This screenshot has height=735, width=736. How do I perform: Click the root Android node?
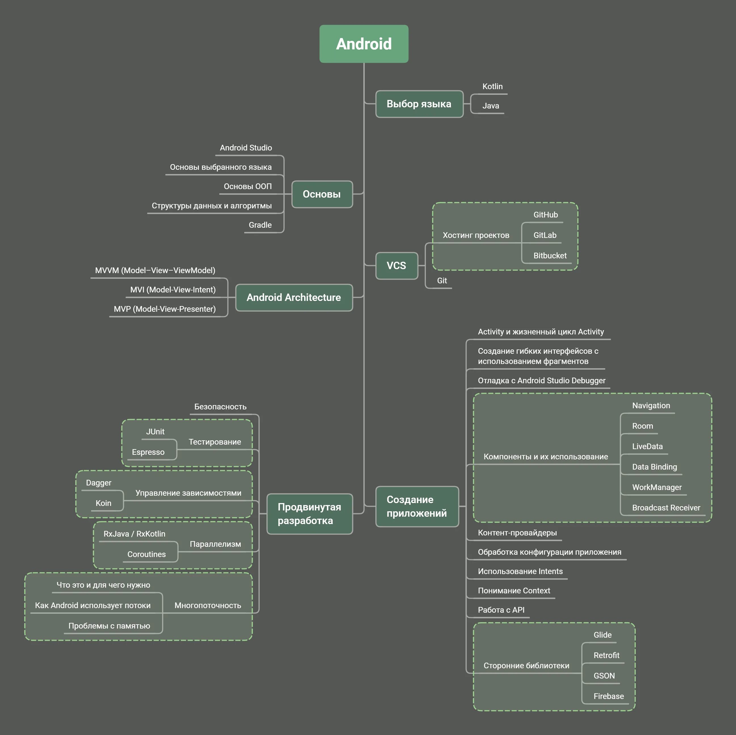pyautogui.click(x=364, y=44)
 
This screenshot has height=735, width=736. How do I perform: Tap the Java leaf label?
pyautogui.click(x=490, y=106)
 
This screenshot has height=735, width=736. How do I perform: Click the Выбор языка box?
pyautogui.click(x=419, y=104)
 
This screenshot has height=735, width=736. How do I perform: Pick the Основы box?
pyautogui.click(x=322, y=194)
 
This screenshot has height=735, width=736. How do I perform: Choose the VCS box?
pyautogui.click(x=397, y=266)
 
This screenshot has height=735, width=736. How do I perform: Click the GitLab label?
pyautogui.click(x=545, y=235)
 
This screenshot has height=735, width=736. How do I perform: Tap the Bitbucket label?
pyautogui.click(x=550, y=256)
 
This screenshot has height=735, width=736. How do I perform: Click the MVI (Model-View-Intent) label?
pyautogui.click(x=173, y=290)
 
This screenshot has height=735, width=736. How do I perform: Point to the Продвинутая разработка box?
pyautogui.click(x=309, y=514)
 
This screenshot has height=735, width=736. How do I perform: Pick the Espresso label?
pyautogui.click(x=148, y=452)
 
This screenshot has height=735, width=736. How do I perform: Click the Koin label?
pyautogui.click(x=103, y=503)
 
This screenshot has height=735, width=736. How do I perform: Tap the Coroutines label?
pyautogui.click(x=147, y=554)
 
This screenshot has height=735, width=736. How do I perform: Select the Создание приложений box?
pyautogui.click(x=417, y=507)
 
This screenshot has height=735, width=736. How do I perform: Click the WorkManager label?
pyautogui.click(x=657, y=487)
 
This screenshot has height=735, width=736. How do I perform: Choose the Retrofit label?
pyautogui.click(x=606, y=655)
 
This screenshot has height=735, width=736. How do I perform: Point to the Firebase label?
pyautogui.click(x=608, y=696)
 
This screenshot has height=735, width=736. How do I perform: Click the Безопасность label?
pyautogui.click(x=220, y=407)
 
